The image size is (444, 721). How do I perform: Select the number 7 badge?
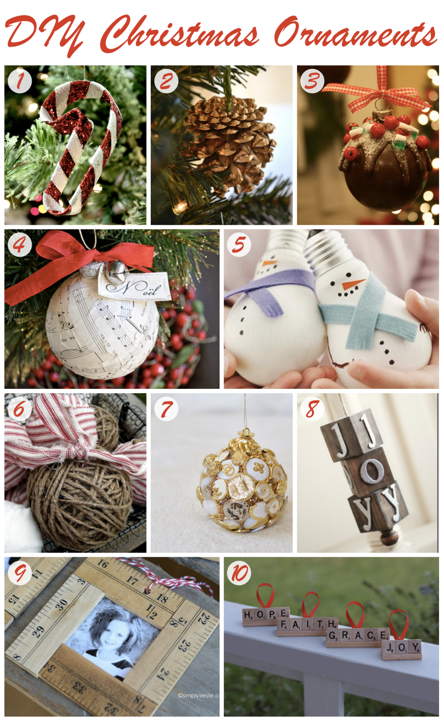167,409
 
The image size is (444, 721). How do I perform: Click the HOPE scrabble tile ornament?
265,614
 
